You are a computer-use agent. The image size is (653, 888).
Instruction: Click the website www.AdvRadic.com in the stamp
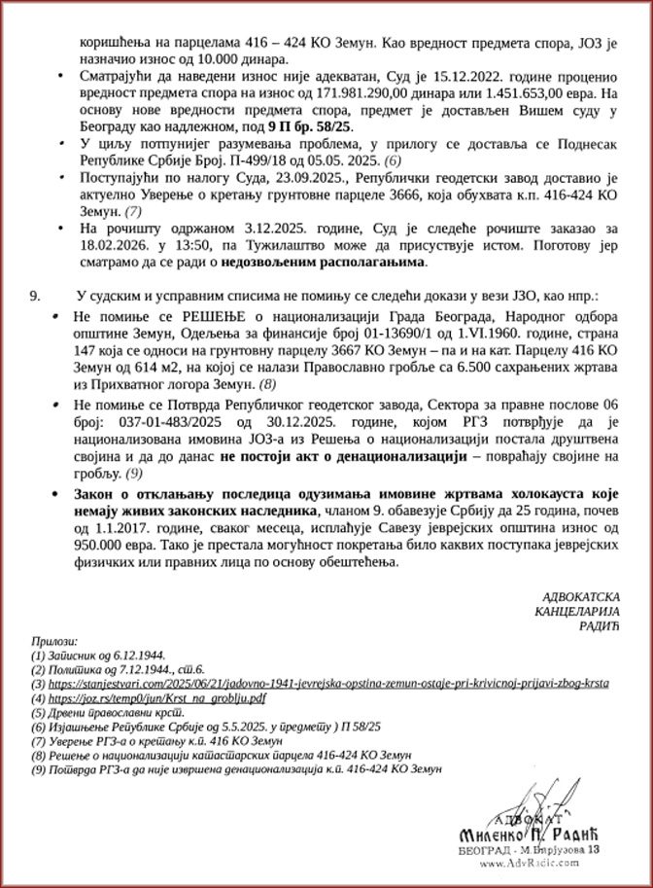[532, 863]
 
